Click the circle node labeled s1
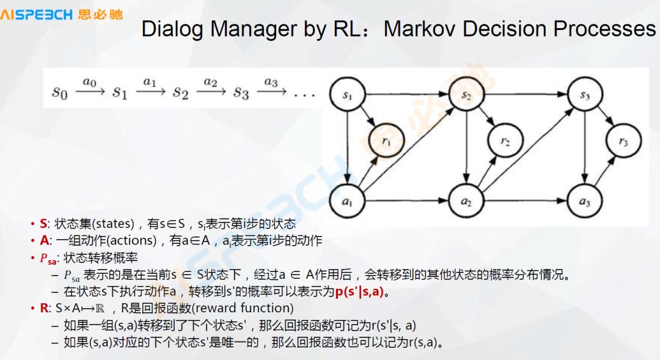347,95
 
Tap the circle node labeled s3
585,95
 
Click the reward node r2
504,141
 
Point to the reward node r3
623,141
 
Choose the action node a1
347,200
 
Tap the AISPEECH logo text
37,14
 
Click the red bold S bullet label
43,224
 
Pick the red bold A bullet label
44,241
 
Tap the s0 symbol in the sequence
59,93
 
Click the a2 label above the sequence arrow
210,82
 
